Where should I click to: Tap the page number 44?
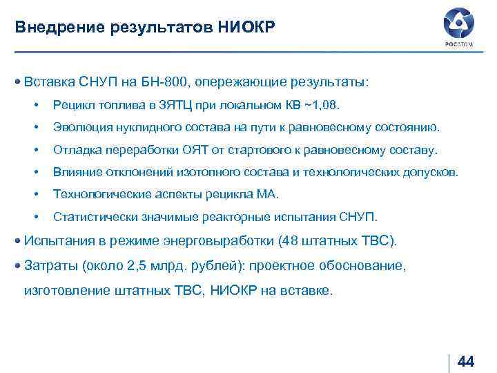[466, 362]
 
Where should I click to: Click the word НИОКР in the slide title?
[246, 28]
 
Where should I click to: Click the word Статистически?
[90, 217]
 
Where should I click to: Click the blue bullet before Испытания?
[18, 241]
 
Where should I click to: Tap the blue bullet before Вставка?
[18, 82]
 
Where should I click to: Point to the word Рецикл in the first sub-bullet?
[72, 106]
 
